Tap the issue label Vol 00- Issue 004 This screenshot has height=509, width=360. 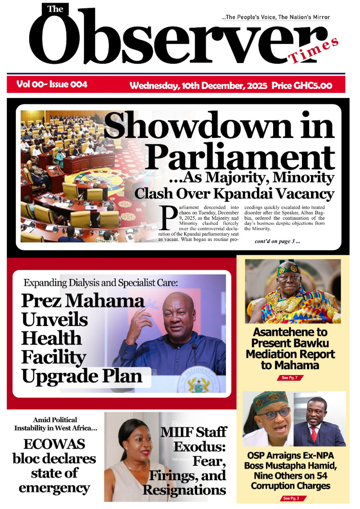click(52, 84)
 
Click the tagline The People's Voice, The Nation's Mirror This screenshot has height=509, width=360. click(276, 17)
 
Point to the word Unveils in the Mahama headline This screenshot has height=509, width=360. click(54, 320)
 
